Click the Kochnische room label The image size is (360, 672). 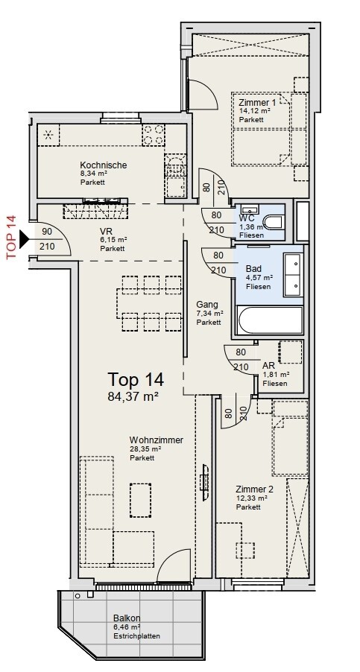[x=104, y=165]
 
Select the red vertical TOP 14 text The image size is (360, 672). [x=11, y=237]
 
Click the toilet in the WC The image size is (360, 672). [x=274, y=223]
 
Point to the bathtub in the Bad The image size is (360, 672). [x=269, y=320]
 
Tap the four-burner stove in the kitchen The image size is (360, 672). [x=153, y=134]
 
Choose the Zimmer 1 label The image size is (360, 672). [x=257, y=103]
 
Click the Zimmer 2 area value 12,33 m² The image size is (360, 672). [x=252, y=498]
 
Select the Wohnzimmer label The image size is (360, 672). [x=157, y=440]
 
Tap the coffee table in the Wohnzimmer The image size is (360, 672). [x=141, y=500]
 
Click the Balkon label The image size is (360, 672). [x=127, y=618]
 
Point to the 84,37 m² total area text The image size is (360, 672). [x=133, y=396]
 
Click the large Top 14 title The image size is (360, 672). [x=136, y=379]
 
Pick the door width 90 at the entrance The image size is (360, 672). [x=47, y=232]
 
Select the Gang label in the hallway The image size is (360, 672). [x=207, y=305]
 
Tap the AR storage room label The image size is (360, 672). [x=269, y=366]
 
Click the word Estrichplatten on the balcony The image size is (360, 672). [x=136, y=636]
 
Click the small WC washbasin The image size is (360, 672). [x=249, y=209]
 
